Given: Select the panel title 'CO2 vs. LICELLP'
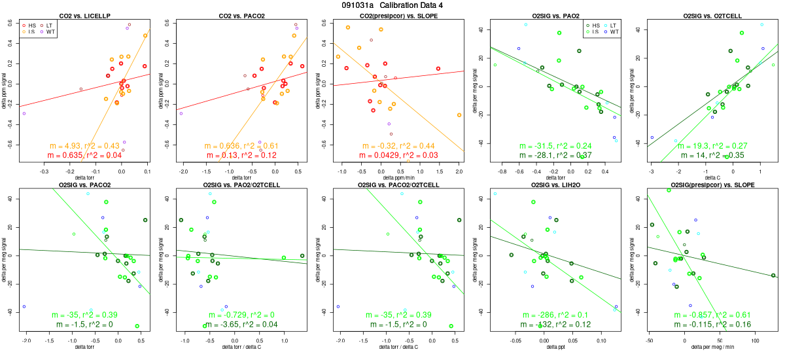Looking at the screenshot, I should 86,15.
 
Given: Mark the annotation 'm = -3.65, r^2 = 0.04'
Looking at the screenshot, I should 242,325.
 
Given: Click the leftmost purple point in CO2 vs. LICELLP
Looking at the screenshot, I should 24,113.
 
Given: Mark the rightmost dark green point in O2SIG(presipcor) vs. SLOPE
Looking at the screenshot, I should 773,276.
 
